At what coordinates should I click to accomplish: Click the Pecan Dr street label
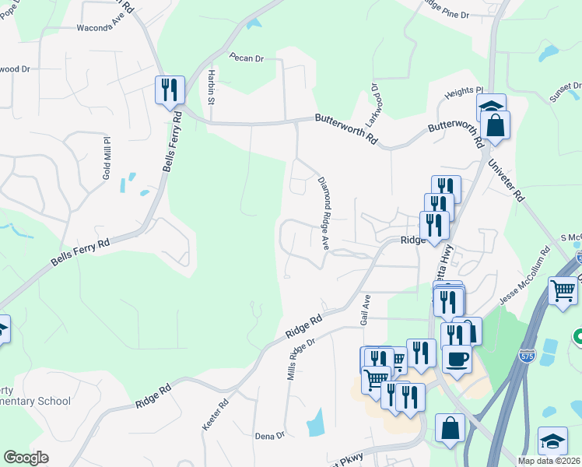coord(247,58)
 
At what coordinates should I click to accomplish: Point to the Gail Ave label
coord(365,310)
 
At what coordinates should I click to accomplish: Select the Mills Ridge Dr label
coord(300,358)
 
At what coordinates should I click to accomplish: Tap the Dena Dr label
coord(270,436)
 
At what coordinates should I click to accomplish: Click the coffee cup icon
coord(457,359)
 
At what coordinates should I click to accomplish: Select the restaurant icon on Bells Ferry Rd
coord(169,90)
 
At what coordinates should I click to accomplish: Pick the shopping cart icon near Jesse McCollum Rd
coord(563,291)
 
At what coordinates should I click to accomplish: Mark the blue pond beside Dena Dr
coord(316,423)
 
